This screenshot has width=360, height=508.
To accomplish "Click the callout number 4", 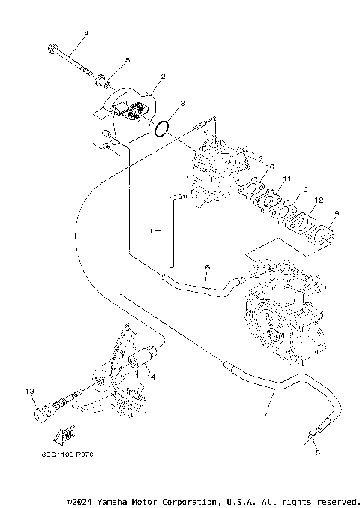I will point(86,34).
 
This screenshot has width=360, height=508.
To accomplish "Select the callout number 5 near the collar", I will point(127,59).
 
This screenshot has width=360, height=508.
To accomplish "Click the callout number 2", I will point(163,77).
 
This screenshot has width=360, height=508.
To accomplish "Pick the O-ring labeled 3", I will point(160,128).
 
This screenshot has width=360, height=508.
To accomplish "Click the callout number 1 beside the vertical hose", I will point(151,232).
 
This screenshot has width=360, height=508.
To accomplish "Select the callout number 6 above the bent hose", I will point(208,266).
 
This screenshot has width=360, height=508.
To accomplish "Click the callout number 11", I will point(286,179).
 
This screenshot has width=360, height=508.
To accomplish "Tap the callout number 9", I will point(337,213).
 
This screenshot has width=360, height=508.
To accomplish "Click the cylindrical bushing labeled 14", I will point(137,362).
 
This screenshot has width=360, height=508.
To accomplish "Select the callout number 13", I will point(30,391).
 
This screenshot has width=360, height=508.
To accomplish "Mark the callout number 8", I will point(316,453).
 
